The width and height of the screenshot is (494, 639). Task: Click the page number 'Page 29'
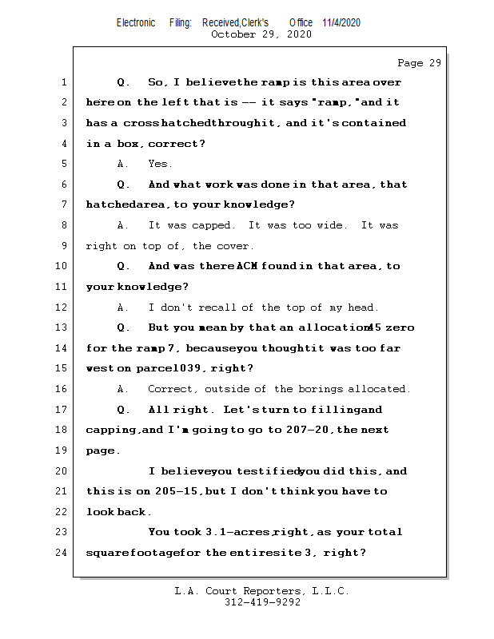pos(419,63)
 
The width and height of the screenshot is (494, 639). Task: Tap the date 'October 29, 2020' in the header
pos(261,34)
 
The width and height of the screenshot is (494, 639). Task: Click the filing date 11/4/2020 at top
pos(341,22)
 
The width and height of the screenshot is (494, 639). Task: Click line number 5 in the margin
pos(64,164)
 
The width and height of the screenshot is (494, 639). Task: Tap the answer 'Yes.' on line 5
pos(160,164)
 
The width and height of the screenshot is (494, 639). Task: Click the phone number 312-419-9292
pos(262,603)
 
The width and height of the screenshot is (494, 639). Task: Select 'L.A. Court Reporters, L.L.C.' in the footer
pos(261,591)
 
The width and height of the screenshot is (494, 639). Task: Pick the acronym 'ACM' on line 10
pos(247,266)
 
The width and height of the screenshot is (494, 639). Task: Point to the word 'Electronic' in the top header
pos(136,22)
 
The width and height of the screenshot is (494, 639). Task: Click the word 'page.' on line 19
pos(103,450)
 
